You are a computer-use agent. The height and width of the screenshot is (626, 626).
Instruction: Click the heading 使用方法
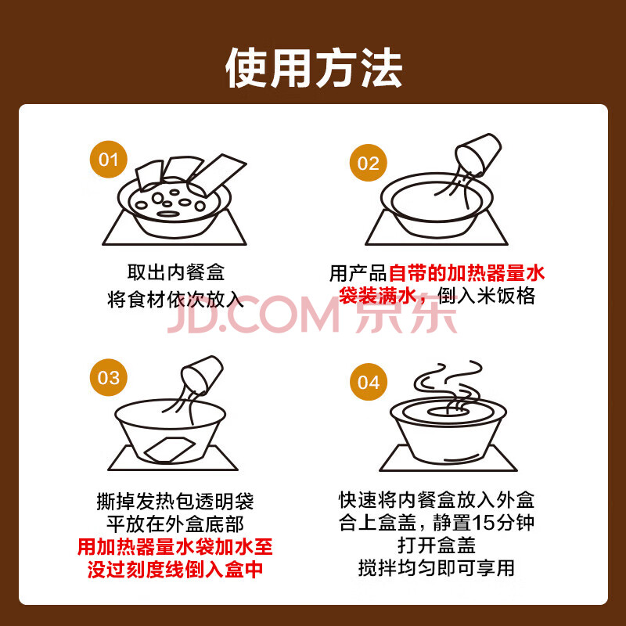point(314,68)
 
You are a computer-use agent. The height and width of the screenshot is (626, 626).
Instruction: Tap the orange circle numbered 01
point(108,160)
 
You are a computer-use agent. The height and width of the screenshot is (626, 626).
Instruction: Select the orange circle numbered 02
point(368,163)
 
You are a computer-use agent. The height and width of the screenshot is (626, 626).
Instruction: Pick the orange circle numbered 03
point(108,377)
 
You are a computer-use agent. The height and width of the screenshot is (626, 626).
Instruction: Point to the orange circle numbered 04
point(368,382)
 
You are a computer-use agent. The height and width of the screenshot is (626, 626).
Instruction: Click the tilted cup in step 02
point(478,153)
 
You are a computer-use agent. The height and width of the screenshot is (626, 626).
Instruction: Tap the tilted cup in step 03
point(202,374)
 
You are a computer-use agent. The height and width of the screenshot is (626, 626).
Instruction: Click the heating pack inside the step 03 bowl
point(170,449)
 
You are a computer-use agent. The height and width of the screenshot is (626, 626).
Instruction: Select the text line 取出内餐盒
point(176,272)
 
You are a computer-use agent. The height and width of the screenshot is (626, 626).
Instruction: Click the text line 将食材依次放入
point(175,299)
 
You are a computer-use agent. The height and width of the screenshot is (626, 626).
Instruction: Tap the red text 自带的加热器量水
point(466,273)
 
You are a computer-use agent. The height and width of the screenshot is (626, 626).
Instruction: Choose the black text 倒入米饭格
point(486,296)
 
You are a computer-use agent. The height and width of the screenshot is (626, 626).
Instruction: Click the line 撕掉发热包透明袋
point(175,501)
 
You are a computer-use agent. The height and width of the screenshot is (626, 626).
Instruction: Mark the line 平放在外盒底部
point(175,523)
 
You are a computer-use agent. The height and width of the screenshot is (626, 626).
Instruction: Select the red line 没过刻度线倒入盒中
point(175,569)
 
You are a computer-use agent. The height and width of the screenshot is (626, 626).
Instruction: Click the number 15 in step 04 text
point(483,523)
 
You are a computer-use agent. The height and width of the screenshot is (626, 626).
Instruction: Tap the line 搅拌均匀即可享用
point(437,568)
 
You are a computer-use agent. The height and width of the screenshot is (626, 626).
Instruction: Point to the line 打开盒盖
point(437,545)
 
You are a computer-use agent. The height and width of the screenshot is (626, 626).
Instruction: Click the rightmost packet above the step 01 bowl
point(218,174)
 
